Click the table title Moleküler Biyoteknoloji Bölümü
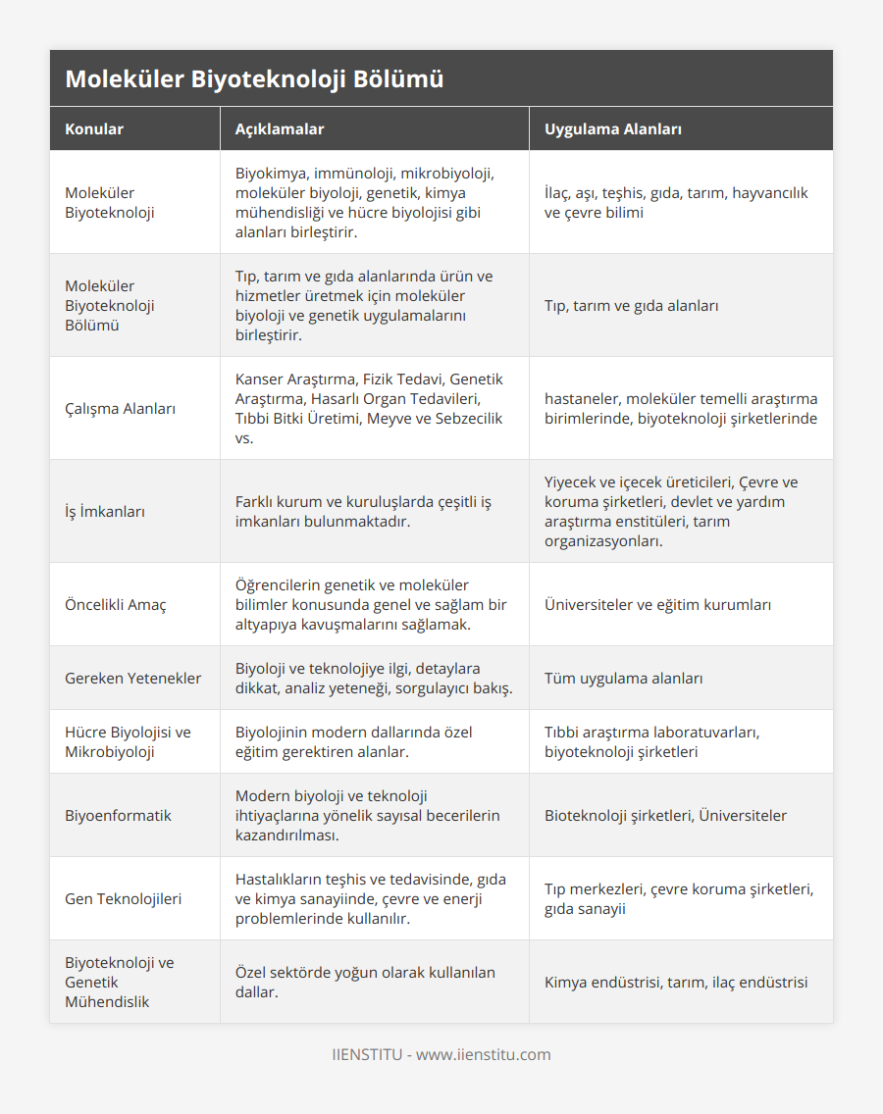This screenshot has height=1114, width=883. coord(254,79)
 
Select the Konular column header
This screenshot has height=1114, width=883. coord(94,129)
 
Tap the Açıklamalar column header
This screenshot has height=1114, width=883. coord(280,129)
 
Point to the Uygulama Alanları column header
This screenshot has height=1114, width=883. coord(613,129)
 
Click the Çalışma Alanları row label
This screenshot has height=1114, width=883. coord(120,409)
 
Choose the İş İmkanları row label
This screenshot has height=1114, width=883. coord(105,512)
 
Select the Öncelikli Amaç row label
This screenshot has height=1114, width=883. coord(115,605)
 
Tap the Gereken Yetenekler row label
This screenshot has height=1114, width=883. coord(132,679)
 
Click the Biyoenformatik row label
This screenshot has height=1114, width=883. coord(118,816)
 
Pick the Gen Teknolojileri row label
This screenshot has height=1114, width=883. coord(123,899)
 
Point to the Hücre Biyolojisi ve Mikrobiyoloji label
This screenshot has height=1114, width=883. coord(128,742)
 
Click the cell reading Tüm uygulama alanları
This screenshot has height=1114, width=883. coord(623,679)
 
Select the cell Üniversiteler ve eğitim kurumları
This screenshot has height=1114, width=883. coord(657,605)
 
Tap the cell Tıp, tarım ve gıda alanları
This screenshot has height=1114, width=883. coord(631,306)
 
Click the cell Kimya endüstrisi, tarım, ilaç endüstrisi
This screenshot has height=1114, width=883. coord(676,983)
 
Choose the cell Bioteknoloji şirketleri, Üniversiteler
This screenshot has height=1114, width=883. coord(665,816)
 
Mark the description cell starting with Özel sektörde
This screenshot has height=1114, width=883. coord(365,983)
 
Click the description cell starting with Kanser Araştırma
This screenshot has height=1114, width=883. coord(369,409)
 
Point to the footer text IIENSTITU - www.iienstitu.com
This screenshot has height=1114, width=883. coord(441,1055)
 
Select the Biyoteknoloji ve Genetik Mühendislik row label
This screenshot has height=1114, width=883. coord(120,983)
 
